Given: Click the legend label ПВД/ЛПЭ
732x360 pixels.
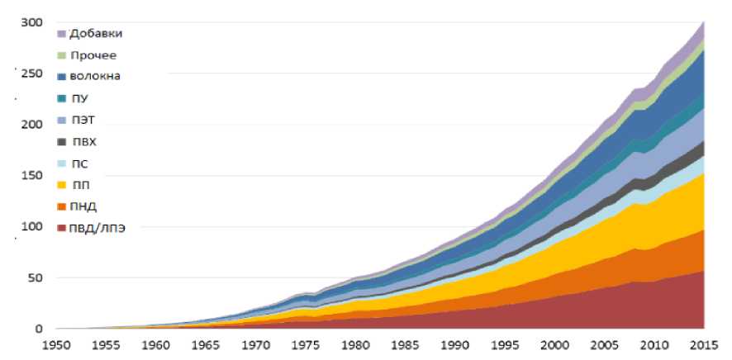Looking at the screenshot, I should [x=97, y=227].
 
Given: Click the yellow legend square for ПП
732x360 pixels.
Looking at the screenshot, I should [x=62, y=184].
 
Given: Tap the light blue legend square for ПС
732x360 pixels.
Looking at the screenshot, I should [x=62, y=163].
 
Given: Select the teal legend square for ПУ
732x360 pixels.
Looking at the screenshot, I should [x=62, y=98].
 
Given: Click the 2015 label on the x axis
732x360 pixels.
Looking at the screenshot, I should [x=701, y=346].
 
